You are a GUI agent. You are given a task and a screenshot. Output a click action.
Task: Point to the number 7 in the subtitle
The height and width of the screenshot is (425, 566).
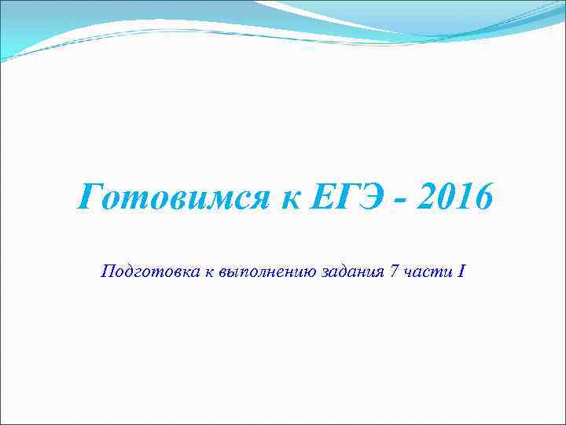tap(382, 272)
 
